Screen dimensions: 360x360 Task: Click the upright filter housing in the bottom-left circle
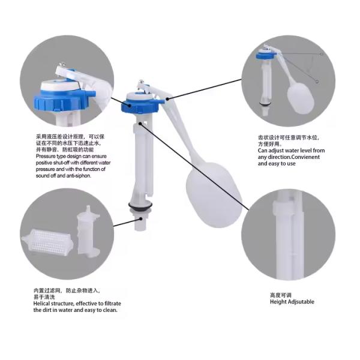point(88,231)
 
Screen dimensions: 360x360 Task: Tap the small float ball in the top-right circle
point(301,98)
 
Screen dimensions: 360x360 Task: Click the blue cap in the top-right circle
point(267,55)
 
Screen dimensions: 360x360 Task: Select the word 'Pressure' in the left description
point(46,157)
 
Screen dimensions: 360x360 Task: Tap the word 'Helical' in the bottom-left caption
point(42,304)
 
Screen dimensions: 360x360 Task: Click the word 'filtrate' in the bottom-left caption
point(113,304)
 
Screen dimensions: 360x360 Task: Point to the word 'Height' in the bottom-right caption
point(278,302)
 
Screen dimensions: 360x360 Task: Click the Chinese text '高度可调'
point(281,295)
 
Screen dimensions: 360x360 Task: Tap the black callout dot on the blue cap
point(130,106)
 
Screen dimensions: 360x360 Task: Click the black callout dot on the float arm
point(167,99)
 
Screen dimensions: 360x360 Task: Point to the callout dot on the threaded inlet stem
point(140,219)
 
